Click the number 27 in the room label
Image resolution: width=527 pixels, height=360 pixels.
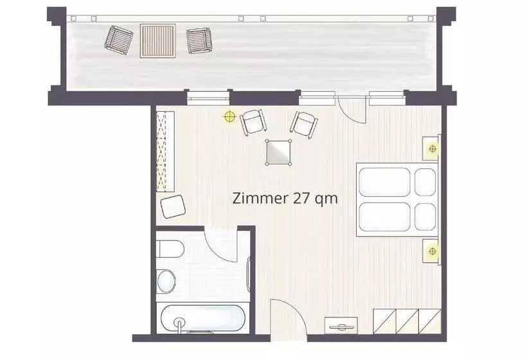coord(302,198)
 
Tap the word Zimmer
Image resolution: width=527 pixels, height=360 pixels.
coord(261,198)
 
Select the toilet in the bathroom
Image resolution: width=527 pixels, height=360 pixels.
coord(170,249)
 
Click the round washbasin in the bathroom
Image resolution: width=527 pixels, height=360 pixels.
coord(166,281)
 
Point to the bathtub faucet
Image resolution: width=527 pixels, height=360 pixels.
coord(180,325)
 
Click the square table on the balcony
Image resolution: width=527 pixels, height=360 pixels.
coord(157,41)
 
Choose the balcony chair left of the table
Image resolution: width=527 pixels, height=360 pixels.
coord(119,40)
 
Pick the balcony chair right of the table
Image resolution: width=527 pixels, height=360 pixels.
coord(199,40)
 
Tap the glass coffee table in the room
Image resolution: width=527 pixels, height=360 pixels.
coord(278,152)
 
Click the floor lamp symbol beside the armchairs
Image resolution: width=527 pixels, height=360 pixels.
coord(229,116)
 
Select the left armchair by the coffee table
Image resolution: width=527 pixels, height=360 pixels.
coord(254,122)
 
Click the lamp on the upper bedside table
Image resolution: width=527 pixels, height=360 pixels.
coord(433,148)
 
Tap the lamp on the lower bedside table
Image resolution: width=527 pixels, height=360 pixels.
coord(433,251)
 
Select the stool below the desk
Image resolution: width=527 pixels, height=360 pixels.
coord(173,206)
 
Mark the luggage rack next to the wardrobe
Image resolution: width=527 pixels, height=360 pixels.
coord(341,326)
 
